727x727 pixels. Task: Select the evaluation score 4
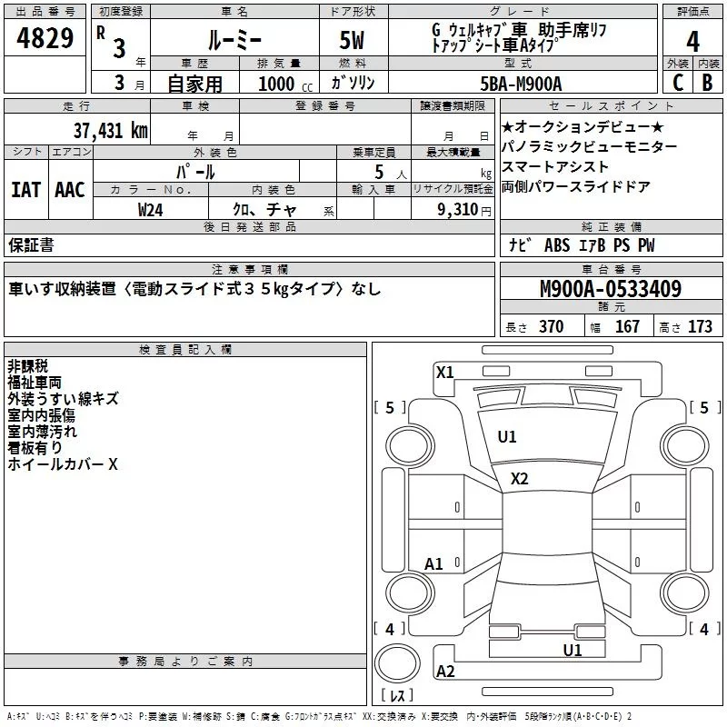coord(693,42)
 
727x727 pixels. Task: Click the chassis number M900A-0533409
coord(611,290)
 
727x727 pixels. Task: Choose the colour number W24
coord(151,210)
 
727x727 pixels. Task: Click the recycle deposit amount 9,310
coord(458,210)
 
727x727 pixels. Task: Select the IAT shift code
coord(25,190)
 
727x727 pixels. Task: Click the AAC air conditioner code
coord(70,190)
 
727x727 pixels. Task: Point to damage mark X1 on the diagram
coord(444,372)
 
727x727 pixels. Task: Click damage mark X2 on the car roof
coord(520,479)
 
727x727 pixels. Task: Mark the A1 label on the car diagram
coord(434,564)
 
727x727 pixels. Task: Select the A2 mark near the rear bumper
coord(445,672)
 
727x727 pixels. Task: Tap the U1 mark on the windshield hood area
coord(507,437)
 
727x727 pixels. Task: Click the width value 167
coord(627,327)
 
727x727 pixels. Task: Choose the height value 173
coord(700,327)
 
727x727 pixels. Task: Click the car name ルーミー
coord(234,41)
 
